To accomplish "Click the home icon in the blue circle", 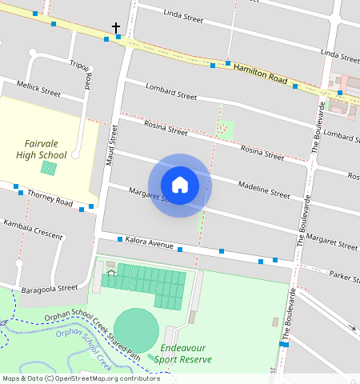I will [180, 185].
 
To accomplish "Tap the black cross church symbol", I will [116, 28].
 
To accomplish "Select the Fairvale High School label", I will [42, 149].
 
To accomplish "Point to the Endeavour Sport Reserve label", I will [186, 354].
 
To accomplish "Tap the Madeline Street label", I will [264, 190].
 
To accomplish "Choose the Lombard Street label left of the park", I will [171, 90].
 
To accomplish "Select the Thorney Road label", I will [50, 194].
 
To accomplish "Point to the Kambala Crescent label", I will [33, 229].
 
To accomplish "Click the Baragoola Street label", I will [50, 287].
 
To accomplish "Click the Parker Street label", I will [344, 277].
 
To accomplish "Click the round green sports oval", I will [136, 328].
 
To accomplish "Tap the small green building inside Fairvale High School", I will [49, 168].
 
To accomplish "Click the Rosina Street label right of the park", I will [262, 153].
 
